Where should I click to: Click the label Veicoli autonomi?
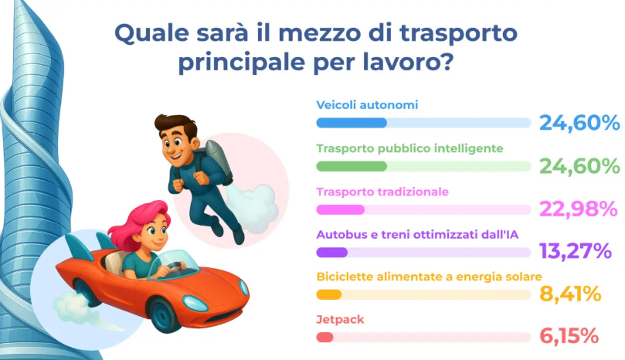point(367,105)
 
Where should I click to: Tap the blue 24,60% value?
point(579,122)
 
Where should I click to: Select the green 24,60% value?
point(579,166)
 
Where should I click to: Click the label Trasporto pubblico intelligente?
point(409,148)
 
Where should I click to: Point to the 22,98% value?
point(579,209)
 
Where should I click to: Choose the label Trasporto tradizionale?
point(382,192)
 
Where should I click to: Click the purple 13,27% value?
point(576,251)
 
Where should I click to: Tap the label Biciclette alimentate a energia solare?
point(430,277)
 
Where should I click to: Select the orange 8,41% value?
point(570,294)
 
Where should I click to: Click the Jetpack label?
point(340,320)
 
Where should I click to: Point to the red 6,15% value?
point(569,336)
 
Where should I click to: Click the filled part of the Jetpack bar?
point(324,338)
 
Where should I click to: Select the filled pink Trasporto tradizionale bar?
point(341,209)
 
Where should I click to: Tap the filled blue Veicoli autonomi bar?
point(352,123)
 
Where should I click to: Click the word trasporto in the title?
point(458,33)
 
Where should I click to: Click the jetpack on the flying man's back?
point(218,162)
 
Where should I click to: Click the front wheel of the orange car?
point(163,315)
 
